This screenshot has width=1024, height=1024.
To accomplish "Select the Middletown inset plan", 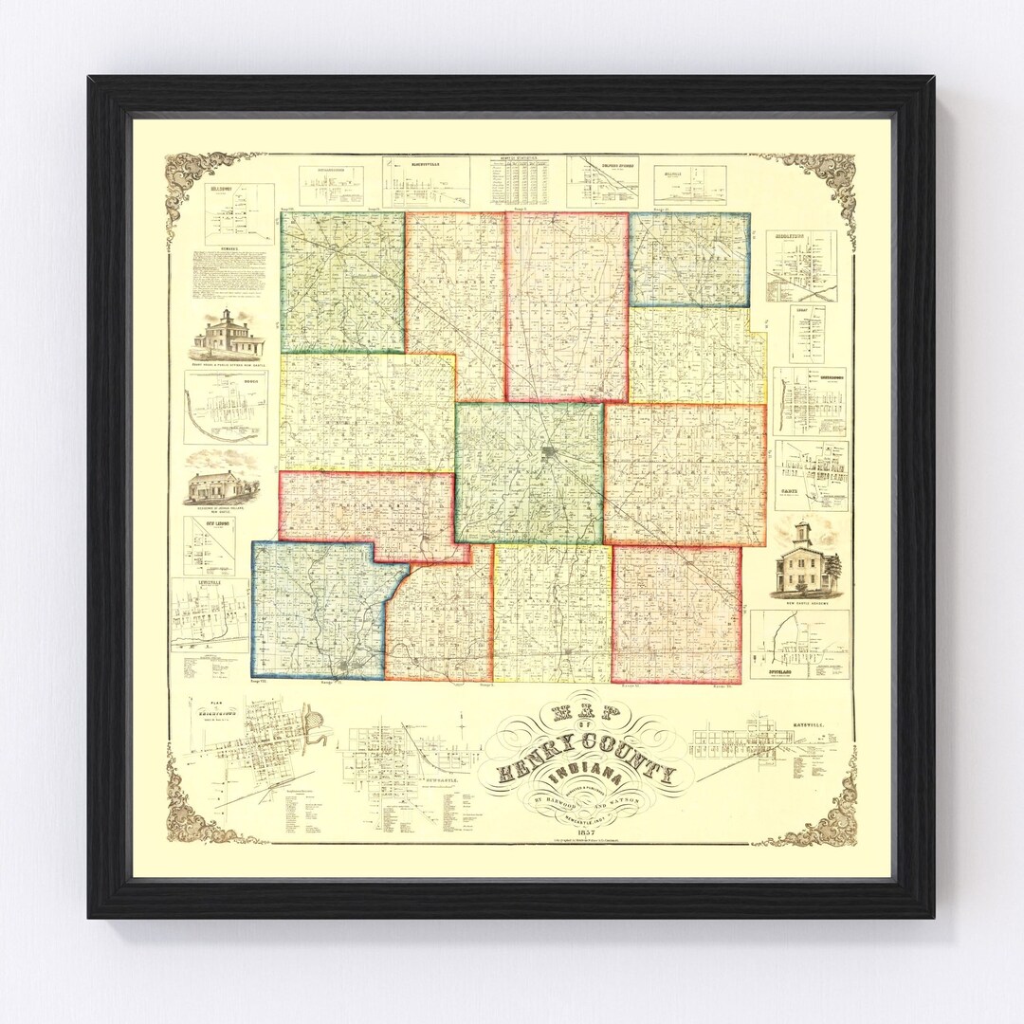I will point(801,266).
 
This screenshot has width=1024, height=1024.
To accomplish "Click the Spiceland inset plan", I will point(799,644).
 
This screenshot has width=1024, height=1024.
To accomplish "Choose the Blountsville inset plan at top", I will point(426,182).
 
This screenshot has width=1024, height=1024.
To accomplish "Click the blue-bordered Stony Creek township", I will point(689,259).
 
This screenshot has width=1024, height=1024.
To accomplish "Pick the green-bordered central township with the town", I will point(529,472).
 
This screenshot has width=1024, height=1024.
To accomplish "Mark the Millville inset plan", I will point(689,183).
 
